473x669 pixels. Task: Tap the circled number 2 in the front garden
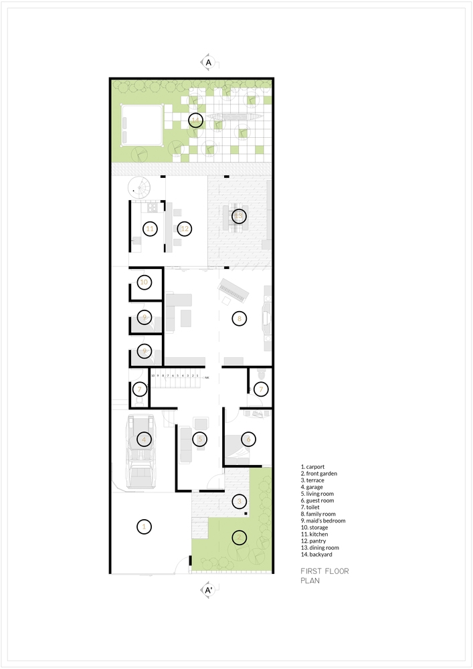[239, 537]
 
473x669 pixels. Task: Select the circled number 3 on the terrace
[239, 501]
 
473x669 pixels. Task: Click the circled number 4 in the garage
[143, 440]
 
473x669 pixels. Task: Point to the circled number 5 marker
[199, 440]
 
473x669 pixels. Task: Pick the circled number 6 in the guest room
[248, 440]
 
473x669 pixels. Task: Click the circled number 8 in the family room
[239, 318]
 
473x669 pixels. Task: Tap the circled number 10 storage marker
[143, 282]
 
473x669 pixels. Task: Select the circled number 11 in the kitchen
[150, 229]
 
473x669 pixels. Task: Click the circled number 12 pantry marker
[185, 229]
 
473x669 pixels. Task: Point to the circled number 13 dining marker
[239, 216]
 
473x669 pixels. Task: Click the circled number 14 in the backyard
[195, 120]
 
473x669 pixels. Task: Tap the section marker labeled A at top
[209, 62]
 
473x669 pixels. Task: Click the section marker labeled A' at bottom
[209, 591]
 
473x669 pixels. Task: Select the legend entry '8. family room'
[320, 514]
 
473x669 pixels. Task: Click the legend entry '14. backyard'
[316, 555]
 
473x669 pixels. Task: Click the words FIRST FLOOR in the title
[324, 571]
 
